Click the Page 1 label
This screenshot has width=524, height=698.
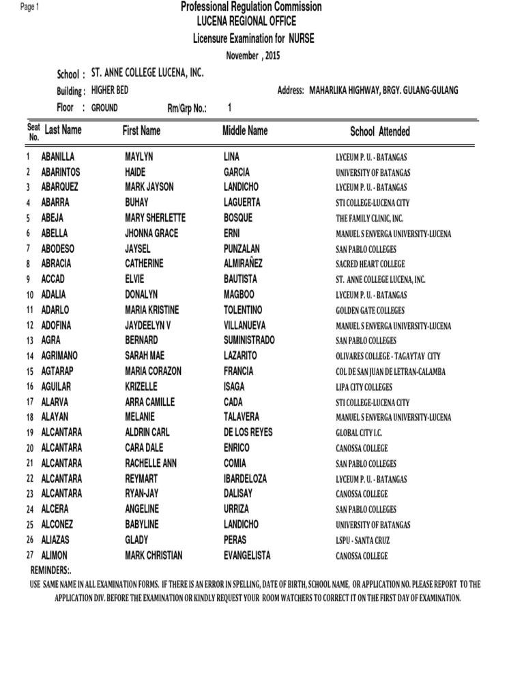coord(31,6)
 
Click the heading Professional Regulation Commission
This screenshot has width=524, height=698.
coord(250,7)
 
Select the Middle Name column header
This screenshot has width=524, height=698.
coord(245,130)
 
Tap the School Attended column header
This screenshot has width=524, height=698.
coord(380,132)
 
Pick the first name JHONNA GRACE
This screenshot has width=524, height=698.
coord(151,233)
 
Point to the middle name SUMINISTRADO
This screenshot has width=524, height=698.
coord(249,340)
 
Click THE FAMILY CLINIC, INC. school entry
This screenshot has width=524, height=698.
coord(369,218)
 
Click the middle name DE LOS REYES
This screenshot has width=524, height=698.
coord(248,432)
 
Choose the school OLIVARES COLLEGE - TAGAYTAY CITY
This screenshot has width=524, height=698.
coord(388,356)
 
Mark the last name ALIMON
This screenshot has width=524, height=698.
coord(55,555)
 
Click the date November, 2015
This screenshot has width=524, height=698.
coord(253,55)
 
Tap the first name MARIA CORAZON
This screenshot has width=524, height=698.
coord(153,371)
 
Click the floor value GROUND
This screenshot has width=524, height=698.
coord(104,108)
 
